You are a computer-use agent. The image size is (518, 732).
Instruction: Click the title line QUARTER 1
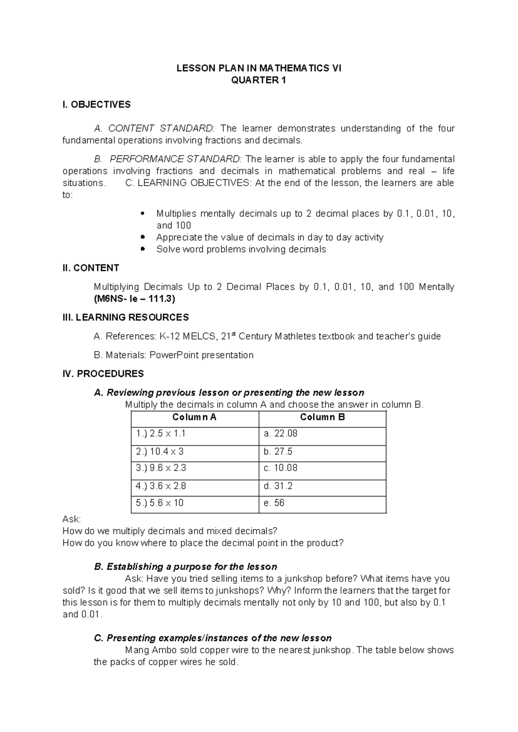click(259, 80)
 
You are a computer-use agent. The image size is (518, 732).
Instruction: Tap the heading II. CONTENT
click(91, 268)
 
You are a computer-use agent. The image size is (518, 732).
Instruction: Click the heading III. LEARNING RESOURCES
click(126, 318)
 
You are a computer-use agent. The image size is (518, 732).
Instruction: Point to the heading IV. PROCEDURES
click(103, 374)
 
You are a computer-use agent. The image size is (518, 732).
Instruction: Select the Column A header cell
click(194, 417)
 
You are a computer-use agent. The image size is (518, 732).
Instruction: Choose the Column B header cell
click(322, 417)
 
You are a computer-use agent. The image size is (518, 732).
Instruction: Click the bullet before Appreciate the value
click(143, 237)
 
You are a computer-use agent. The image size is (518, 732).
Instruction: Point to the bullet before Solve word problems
click(143, 249)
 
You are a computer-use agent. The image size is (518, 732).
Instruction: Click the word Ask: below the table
click(72, 519)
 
